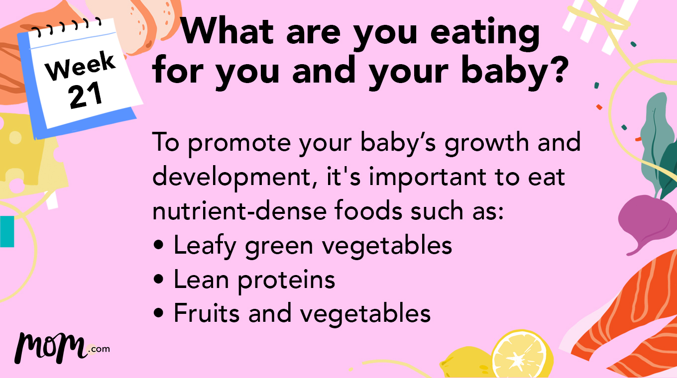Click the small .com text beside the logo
[x=99, y=349]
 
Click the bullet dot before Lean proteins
[x=159, y=280]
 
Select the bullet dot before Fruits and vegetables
[x=159, y=314]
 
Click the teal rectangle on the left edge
[x=7, y=231]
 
